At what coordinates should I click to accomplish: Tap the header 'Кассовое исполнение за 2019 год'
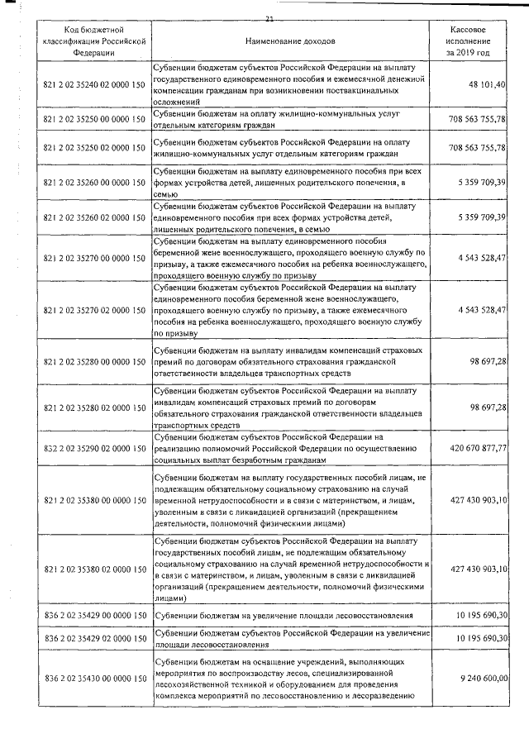[468, 40]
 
